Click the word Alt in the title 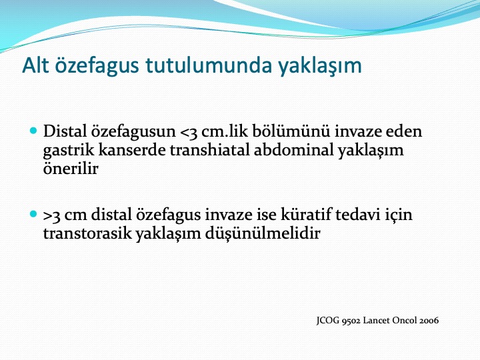35,65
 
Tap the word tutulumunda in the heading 209,65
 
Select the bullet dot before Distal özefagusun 33,131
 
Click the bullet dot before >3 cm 33,214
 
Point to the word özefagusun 133,132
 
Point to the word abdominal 293,150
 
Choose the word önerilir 71,168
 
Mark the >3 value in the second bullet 52,215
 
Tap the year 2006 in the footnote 429,321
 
